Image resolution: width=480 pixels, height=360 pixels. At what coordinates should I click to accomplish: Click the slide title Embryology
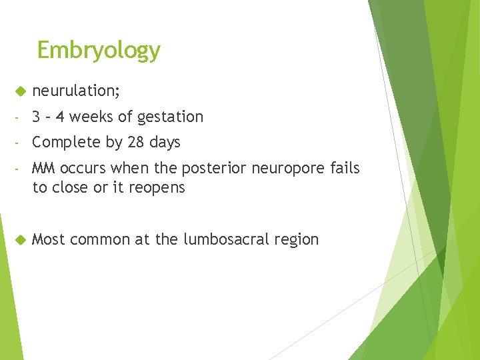[x=99, y=50]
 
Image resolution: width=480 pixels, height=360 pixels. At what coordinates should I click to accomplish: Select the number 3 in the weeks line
[x=37, y=117]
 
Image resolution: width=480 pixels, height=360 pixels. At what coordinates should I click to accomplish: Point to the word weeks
[x=91, y=117]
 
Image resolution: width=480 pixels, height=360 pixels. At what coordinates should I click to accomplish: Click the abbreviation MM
[x=44, y=169]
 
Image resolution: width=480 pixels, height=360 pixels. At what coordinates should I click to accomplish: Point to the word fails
[x=345, y=169]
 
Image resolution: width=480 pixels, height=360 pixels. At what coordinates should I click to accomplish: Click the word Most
[x=48, y=239]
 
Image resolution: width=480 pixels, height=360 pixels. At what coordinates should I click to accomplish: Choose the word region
[x=297, y=240]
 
